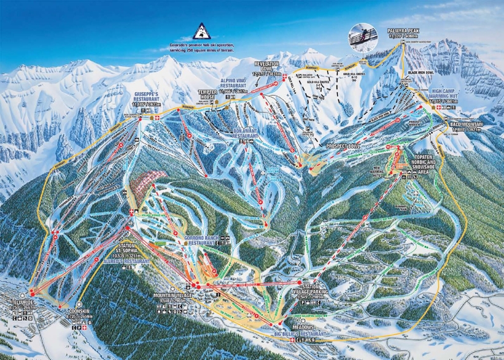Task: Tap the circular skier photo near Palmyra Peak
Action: pos(361,36)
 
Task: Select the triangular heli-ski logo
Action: pos(201,31)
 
